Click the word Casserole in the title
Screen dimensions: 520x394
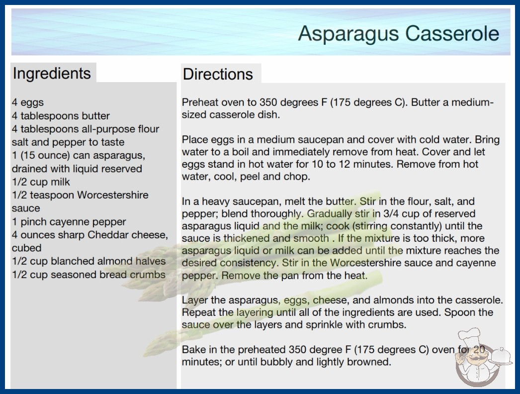[x=452, y=33]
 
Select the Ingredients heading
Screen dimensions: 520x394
[x=52, y=74]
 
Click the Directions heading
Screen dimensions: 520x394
[x=218, y=74]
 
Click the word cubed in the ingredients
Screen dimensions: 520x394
[x=26, y=248]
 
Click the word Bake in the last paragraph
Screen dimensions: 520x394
[x=192, y=349]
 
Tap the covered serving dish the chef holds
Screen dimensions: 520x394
[x=501, y=357]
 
